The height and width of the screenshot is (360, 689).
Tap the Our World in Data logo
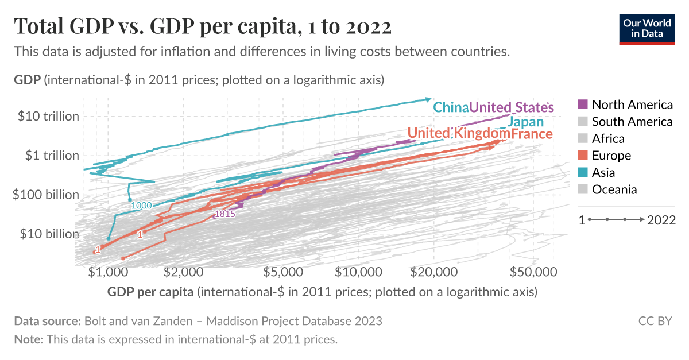pyautogui.click(x=647, y=27)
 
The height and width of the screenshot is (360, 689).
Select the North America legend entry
pyautogui.click(x=625, y=104)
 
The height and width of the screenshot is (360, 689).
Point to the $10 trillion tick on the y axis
pyautogui.click(x=48, y=116)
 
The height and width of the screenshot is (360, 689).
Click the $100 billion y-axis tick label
pyautogui.click(x=46, y=195)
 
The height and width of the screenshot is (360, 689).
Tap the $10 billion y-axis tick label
pyautogui.click(x=49, y=234)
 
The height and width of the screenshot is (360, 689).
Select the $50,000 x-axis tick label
pyautogui.click(x=533, y=271)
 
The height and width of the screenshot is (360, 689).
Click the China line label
pyautogui.click(x=451, y=107)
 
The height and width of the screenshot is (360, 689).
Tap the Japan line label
pyautogui.click(x=525, y=122)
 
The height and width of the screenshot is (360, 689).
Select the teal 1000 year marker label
pyautogui.click(x=141, y=205)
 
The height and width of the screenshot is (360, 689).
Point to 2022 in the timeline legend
pyautogui.click(x=661, y=220)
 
